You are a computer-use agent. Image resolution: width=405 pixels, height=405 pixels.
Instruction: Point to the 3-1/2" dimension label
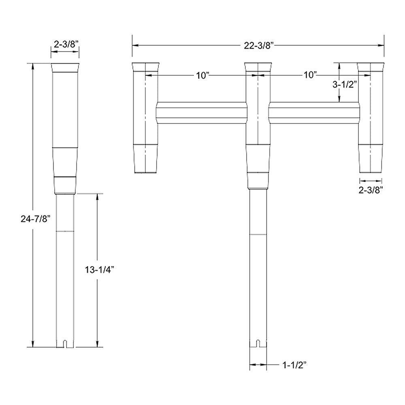point(344,85)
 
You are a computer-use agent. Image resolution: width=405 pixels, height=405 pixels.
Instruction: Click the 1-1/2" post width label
point(294,365)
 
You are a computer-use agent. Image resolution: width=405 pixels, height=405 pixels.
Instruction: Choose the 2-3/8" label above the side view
point(64,45)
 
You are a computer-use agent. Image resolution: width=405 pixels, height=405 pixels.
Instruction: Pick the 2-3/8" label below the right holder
point(371,189)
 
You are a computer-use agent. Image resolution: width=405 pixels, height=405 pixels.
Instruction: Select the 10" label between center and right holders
point(310,75)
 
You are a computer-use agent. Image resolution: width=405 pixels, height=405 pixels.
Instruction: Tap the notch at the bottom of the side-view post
point(65,344)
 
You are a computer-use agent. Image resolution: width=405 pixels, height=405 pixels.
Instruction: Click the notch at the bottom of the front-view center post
point(258,344)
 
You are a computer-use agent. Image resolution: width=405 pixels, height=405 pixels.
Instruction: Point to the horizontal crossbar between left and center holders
point(201,113)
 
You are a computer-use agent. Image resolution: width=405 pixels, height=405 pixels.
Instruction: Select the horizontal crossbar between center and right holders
point(313,113)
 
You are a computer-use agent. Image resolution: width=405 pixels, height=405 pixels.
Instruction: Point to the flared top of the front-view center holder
point(258,67)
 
